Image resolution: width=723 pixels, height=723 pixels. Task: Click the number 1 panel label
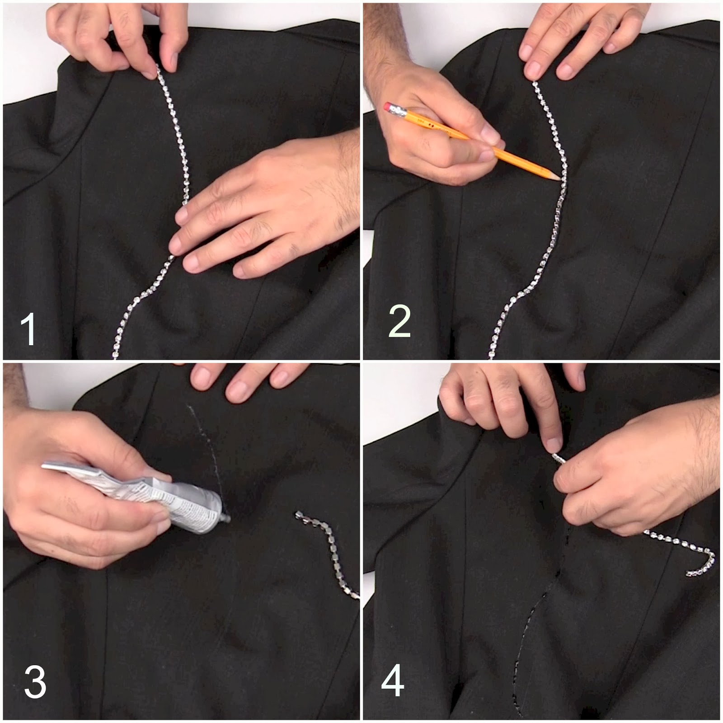[28, 329]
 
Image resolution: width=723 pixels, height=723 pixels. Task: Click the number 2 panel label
[399, 321]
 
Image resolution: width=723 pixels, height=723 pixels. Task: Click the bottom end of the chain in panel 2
[492, 355]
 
